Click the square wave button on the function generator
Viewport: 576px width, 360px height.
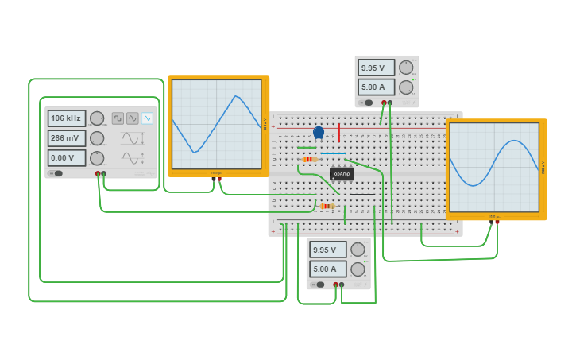click(x=118, y=118)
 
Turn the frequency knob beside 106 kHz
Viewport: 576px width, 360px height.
click(x=97, y=118)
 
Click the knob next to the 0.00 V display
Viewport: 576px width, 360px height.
click(x=97, y=158)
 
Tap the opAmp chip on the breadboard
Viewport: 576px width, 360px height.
click(x=342, y=173)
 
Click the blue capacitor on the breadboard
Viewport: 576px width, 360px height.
click(x=319, y=133)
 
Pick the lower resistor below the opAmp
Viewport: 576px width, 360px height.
click(x=327, y=206)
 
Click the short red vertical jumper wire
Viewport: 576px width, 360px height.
click(x=339, y=132)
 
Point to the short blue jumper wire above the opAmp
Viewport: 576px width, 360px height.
click(x=333, y=153)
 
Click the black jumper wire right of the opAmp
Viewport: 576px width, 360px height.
click(x=362, y=194)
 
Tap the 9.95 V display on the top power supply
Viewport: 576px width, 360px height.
click(x=376, y=68)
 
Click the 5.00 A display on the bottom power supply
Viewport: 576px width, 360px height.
click(x=328, y=269)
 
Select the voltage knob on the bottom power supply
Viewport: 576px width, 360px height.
click(x=358, y=250)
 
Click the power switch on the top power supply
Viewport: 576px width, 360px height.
click(x=366, y=103)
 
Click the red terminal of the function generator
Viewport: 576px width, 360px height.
click(x=98, y=173)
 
